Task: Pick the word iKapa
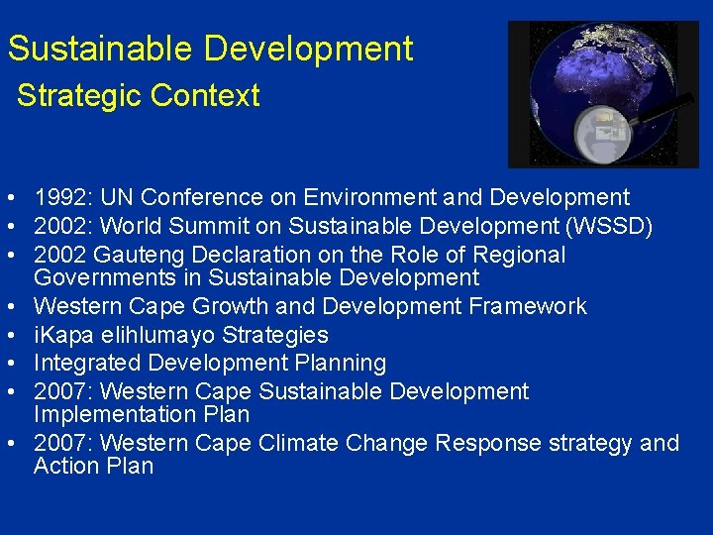[x=63, y=335]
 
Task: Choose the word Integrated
[x=86, y=364]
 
